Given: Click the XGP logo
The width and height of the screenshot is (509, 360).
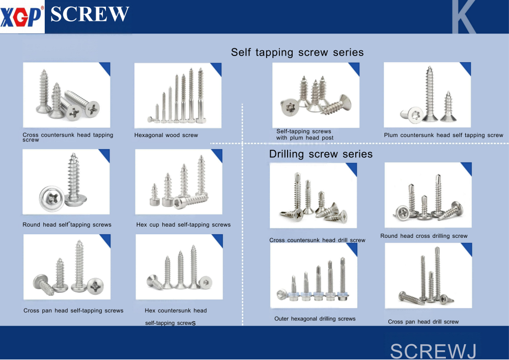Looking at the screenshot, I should (21, 17).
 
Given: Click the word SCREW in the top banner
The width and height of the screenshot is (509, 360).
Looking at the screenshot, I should (90, 14).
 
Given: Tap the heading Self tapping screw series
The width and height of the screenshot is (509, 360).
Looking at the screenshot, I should (297, 52).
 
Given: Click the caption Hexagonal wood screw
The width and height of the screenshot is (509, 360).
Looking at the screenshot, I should (166, 135).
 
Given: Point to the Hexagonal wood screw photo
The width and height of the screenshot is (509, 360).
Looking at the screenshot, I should (178, 95).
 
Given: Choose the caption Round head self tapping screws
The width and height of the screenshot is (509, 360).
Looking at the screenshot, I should (67, 225).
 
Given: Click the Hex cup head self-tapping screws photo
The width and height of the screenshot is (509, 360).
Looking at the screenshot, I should (179, 182).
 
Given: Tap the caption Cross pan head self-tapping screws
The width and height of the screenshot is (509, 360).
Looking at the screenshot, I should (73, 311).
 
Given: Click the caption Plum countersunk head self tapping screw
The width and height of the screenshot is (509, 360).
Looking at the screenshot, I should (443, 135).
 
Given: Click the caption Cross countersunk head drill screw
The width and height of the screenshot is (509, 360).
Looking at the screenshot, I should (317, 240).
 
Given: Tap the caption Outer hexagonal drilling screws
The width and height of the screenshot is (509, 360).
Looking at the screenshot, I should (315, 319).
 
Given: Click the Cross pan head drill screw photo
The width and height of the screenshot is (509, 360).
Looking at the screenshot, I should (428, 275).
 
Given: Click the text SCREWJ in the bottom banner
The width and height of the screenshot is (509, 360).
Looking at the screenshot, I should (433, 351).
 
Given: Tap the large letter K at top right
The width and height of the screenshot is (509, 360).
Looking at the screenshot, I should (463, 17).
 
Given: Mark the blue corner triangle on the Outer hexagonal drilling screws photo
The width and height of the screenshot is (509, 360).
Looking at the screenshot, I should (352, 248).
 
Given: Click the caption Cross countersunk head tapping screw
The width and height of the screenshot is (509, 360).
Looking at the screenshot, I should (68, 137).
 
